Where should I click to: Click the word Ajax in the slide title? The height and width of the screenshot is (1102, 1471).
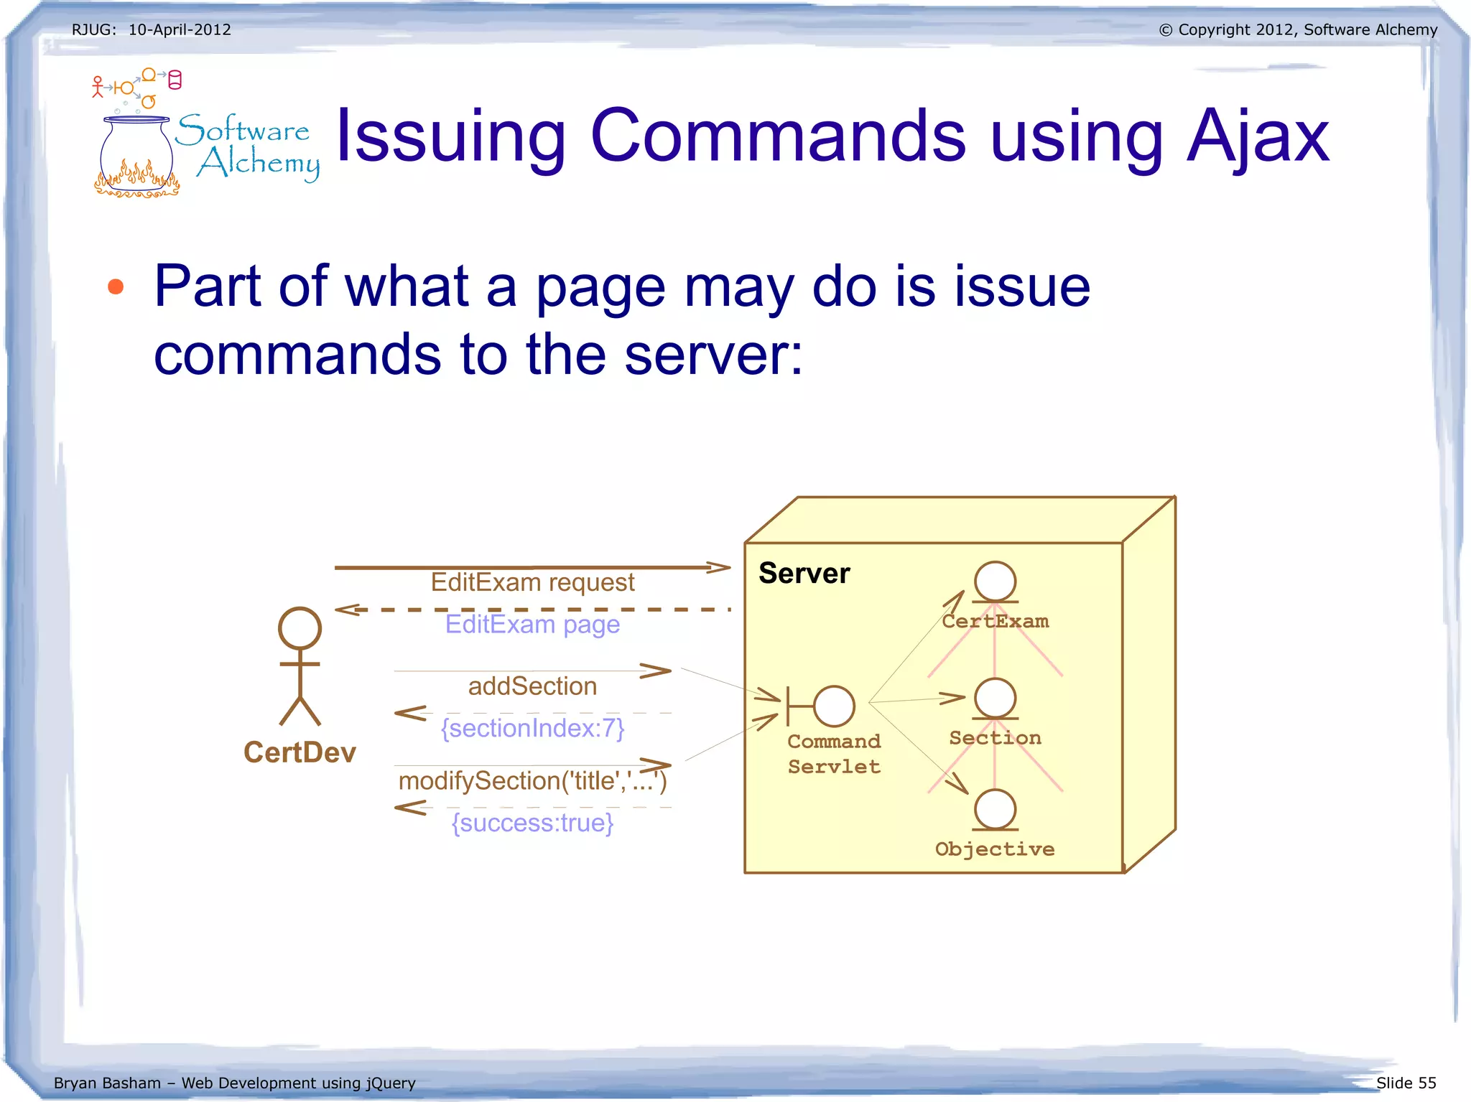tap(1257, 136)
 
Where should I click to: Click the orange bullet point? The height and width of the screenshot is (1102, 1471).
tap(116, 287)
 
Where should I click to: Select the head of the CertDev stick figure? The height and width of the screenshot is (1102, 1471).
tap(300, 628)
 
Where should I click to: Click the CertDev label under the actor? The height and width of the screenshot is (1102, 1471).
tap(300, 752)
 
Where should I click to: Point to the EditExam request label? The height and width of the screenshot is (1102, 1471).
tap(532, 582)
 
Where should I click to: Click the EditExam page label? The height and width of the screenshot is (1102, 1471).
tap(532, 624)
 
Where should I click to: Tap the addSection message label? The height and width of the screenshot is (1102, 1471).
tap(532, 686)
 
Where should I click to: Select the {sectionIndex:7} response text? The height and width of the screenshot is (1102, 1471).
tap(532, 728)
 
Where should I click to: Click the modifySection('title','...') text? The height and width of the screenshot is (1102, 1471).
tap(532, 780)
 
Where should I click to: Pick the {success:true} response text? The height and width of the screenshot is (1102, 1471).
tap(532, 823)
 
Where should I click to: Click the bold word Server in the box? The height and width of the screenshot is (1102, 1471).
tap(804, 573)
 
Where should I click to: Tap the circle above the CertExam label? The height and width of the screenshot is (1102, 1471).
tap(995, 582)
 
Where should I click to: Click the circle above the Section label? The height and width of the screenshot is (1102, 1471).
tap(995, 698)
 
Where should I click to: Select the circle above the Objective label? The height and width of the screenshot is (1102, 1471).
tap(995, 809)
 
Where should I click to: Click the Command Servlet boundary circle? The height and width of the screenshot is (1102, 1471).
tap(834, 706)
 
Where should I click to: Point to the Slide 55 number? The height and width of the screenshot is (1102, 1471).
tap(1406, 1083)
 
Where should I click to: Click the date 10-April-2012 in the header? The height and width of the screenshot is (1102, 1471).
tap(180, 29)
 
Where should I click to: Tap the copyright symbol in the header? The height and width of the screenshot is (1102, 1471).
tap(1165, 30)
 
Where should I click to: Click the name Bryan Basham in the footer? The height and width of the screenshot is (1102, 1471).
tap(107, 1083)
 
